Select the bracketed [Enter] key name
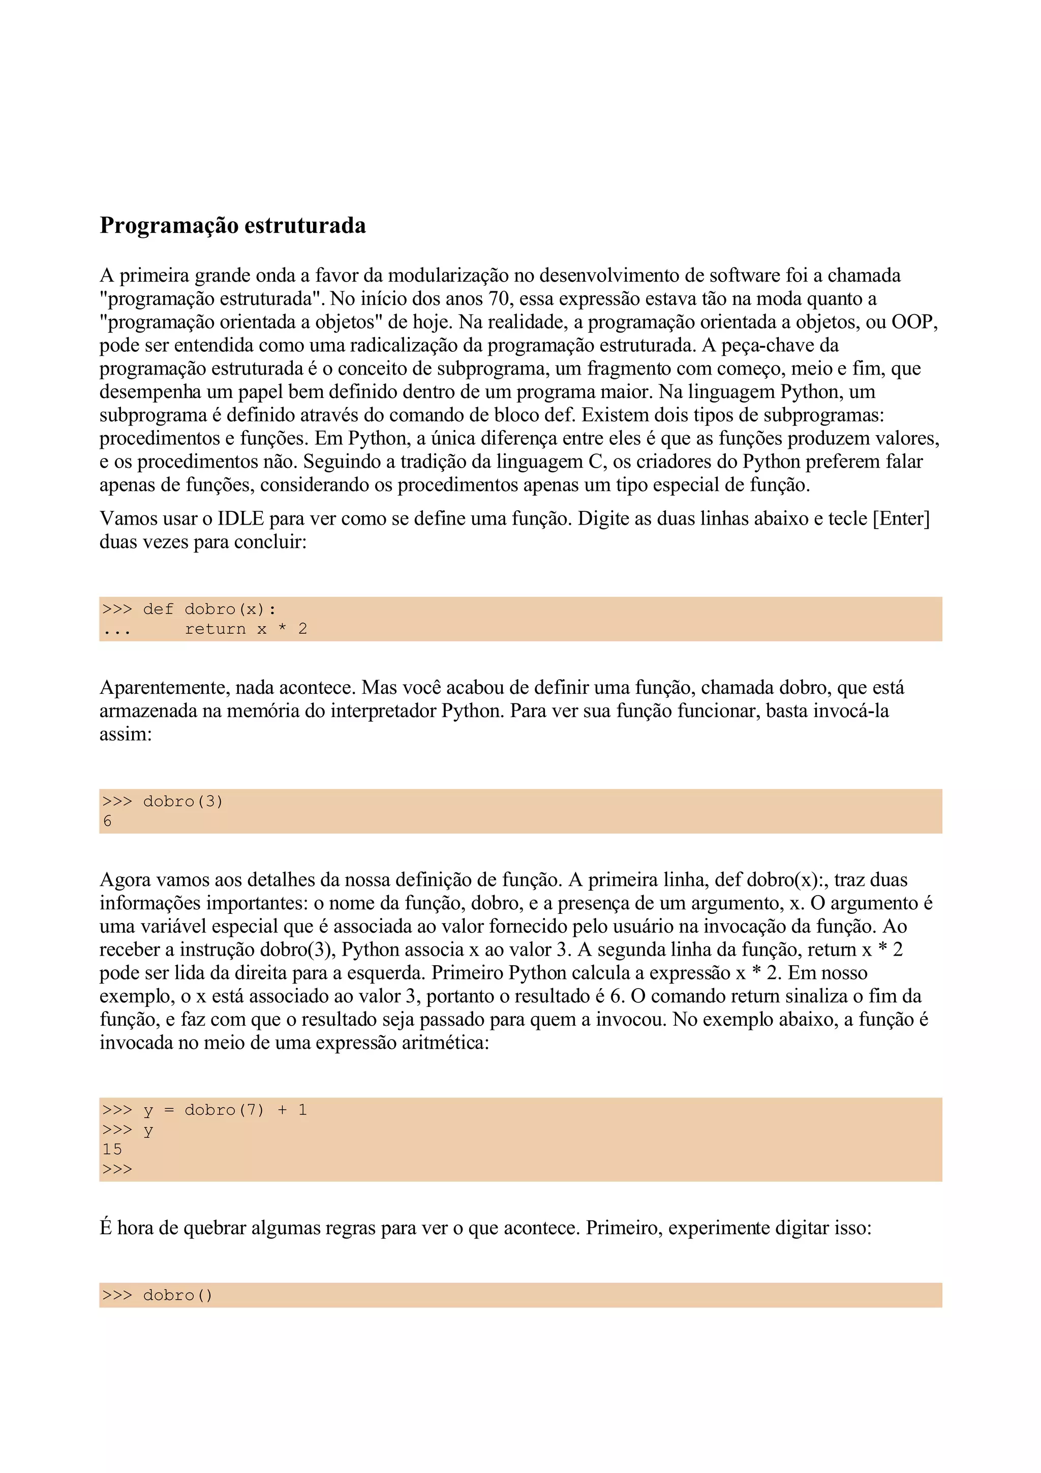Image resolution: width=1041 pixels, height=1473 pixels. coord(901,518)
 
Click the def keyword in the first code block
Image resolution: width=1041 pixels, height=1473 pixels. coord(158,609)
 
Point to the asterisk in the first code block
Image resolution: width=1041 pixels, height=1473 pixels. coord(282,629)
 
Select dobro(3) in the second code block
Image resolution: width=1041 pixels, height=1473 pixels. coord(183,801)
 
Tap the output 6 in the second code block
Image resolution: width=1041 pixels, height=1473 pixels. coord(107,821)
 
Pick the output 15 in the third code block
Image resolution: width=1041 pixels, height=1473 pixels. coord(112,1149)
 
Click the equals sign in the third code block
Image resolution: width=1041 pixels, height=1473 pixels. coord(169,1111)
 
